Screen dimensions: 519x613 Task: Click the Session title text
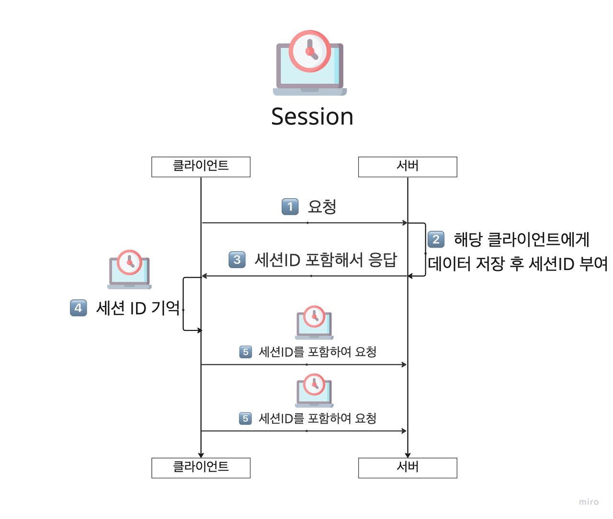pyautogui.click(x=312, y=117)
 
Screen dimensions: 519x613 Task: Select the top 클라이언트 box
pyautogui.click(x=201, y=167)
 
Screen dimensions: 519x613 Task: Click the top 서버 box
pyautogui.click(x=408, y=167)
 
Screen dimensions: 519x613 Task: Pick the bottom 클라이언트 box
pyautogui.click(x=201, y=468)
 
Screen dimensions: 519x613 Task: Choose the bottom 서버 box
pyautogui.click(x=408, y=468)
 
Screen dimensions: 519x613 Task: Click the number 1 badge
pyautogui.click(x=290, y=207)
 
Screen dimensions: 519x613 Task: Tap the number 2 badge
pyautogui.click(x=436, y=239)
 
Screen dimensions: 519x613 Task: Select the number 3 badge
pyautogui.click(x=237, y=259)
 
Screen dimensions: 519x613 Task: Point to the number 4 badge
pyautogui.click(x=79, y=308)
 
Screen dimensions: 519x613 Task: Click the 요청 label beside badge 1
pyautogui.click(x=322, y=207)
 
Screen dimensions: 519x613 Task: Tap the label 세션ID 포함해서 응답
pyautogui.click(x=326, y=260)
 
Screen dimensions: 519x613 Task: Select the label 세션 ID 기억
pyautogui.click(x=138, y=308)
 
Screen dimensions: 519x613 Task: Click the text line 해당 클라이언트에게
pyautogui.click(x=522, y=239)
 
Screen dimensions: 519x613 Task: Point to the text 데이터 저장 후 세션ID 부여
pyautogui.click(x=518, y=264)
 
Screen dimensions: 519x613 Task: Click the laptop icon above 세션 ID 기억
pyautogui.click(x=129, y=270)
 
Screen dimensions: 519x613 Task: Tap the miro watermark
pyautogui.click(x=589, y=502)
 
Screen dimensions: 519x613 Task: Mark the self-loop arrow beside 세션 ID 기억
pyautogui.click(x=184, y=304)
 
